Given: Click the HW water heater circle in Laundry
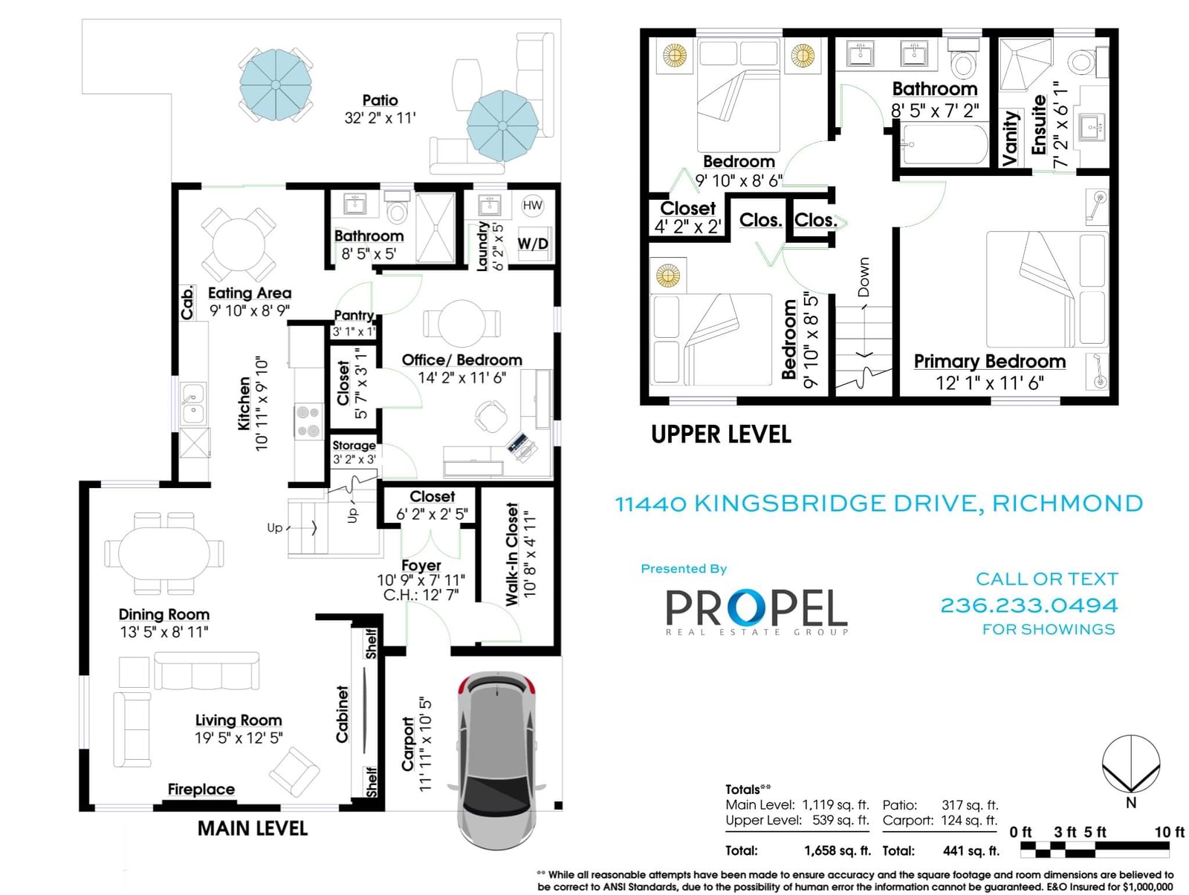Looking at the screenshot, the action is [x=532, y=205].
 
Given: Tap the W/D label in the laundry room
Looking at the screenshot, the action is [x=533, y=244].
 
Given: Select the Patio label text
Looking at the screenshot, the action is [x=380, y=100].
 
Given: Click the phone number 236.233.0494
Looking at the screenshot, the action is [x=1028, y=605].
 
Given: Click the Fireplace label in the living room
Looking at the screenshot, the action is [x=201, y=789].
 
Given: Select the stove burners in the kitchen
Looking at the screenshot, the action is [x=308, y=421].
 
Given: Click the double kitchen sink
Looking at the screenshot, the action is [x=192, y=404].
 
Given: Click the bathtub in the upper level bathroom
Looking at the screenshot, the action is [x=945, y=145].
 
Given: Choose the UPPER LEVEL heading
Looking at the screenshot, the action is [x=720, y=435].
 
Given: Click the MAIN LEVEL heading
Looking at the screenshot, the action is [x=253, y=828].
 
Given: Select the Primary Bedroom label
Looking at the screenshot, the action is [x=989, y=361].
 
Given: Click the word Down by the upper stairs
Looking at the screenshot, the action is [x=864, y=277].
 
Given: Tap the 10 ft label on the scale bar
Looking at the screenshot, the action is [x=1169, y=832].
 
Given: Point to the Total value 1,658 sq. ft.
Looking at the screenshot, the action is [x=838, y=850].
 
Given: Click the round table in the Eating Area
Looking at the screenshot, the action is [x=239, y=244].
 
